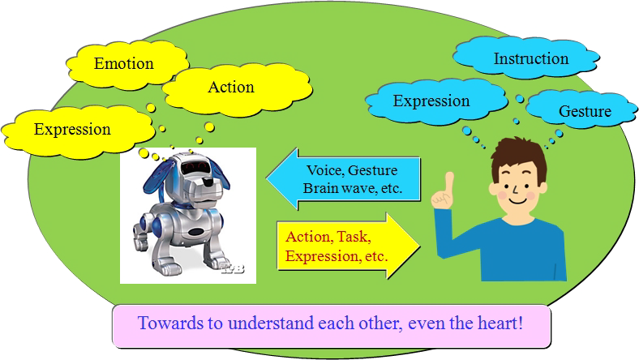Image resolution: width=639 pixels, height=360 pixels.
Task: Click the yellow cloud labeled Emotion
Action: pos(127,64)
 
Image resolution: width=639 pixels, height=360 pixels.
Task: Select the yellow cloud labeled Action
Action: pos(237,88)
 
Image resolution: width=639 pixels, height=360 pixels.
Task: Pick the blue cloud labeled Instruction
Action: pos(525,58)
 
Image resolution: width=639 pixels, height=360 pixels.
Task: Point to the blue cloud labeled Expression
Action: pos(436,101)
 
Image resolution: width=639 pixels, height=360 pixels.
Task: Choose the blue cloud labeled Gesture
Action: pos(581,110)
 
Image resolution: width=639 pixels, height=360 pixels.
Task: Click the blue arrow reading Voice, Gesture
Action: pos(343,179)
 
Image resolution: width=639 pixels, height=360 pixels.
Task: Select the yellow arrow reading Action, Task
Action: pos(349,246)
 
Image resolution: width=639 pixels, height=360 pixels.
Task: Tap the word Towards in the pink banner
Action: pos(171,323)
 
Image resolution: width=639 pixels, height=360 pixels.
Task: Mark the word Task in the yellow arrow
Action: pos(353,237)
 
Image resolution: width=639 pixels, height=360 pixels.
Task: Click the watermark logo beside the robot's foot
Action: pos(233,268)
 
